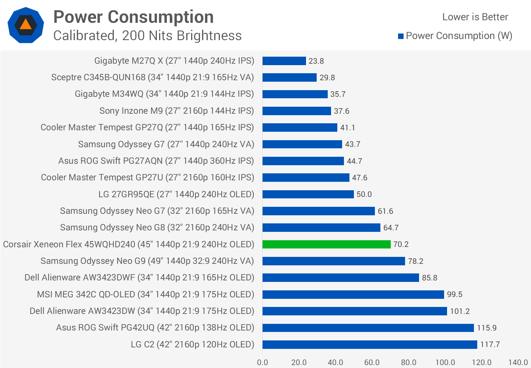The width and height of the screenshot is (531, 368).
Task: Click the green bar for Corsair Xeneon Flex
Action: pos(326,244)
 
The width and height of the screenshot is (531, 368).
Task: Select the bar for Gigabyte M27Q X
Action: pos(284,61)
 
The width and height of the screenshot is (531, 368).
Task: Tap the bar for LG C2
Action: pos(370,344)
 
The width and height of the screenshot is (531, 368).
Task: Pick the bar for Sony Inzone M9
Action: pos(296,111)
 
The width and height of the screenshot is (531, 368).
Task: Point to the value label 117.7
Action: pos(490,344)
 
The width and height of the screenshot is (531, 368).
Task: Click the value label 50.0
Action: pos(364,194)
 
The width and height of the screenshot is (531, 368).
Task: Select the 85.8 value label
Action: pos(429,278)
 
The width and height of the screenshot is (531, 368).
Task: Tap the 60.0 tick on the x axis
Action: pos(372,362)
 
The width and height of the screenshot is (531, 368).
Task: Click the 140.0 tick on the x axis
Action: pos(518,362)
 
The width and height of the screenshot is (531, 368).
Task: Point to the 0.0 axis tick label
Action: pos(263,362)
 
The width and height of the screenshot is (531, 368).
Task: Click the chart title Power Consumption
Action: pos(133,17)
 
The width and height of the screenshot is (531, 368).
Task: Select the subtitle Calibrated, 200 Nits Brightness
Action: pos(147,36)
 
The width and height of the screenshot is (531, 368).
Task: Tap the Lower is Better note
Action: pos(475,17)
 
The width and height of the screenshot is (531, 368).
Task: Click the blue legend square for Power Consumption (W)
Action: pos(401,36)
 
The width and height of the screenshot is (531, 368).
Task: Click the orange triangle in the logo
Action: pos(26,25)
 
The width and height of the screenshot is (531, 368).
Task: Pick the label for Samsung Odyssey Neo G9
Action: pos(147,261)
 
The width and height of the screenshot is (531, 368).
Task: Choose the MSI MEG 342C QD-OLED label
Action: pos(145,294)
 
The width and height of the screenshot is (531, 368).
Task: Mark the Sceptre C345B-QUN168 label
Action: pos(152,77)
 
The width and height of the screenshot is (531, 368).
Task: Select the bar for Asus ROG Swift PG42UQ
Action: pos(368,328)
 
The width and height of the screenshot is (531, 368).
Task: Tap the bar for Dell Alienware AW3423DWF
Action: pos(341,278)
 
